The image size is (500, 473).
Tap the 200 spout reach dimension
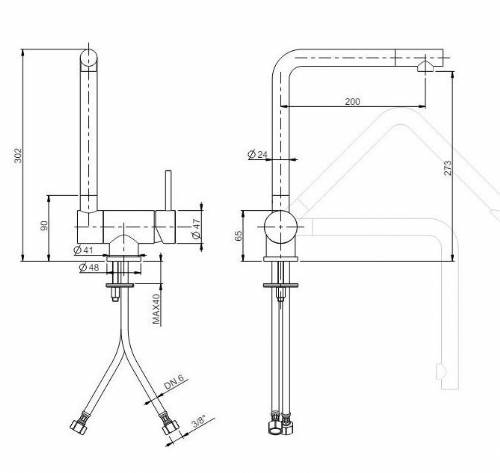[352, 101]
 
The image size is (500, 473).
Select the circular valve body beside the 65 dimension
[281, 227]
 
